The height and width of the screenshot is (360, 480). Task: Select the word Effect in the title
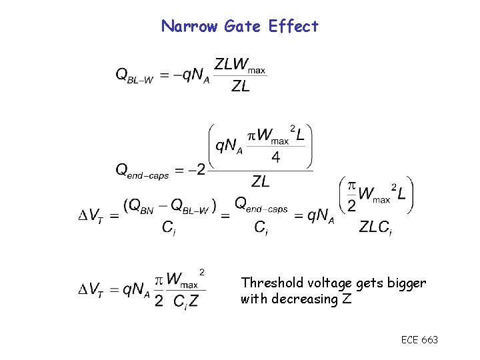pos(293,27)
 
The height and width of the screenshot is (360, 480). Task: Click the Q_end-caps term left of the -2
pos(143,171)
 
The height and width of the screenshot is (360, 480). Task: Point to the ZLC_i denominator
pos(375,228)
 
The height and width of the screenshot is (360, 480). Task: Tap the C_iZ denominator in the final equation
pos(185,301)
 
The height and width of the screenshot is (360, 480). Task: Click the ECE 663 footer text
pos(419,340)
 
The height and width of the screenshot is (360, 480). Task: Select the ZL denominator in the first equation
pos(241,86)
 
